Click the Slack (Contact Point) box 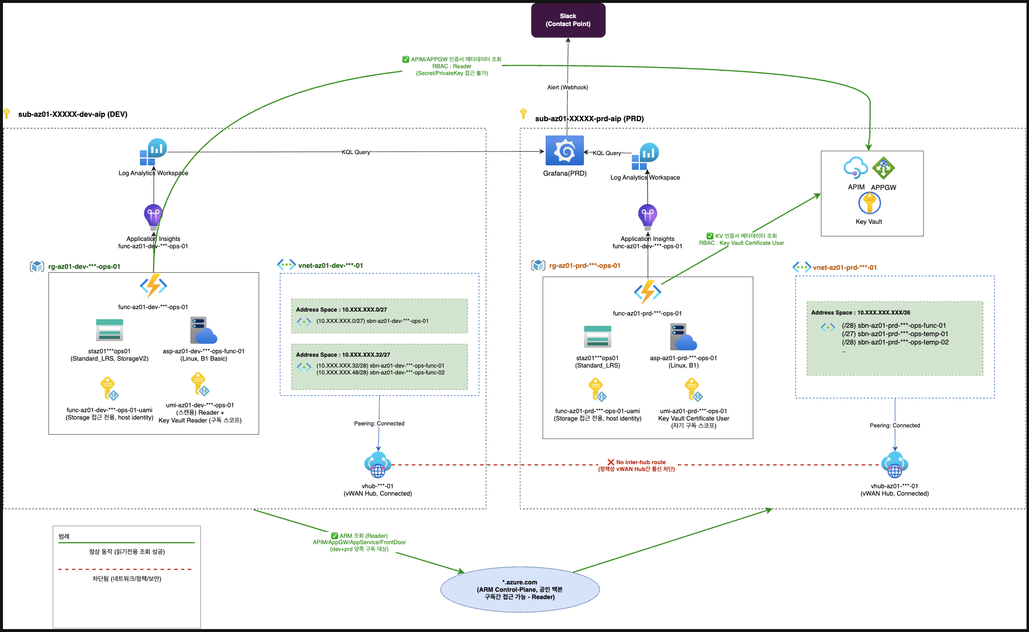coord(568,20)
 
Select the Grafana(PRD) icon coord(565,151)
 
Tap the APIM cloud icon coord(856,168)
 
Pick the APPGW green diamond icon coord(883,168)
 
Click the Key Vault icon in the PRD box coord(870,203)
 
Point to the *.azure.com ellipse coord(520,589)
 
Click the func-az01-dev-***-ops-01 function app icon coord(154,286)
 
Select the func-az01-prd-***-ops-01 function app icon coord(648,292)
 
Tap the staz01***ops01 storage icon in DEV coord(109,330)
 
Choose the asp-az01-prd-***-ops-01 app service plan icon coord(684,337)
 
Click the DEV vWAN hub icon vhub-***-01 coord(378,465)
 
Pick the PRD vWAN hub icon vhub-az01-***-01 coord(895,465)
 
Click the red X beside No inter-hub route coord(611,462)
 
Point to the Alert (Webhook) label coord(568,87)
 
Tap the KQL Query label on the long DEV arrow coord(356,152)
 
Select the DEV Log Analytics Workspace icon coord(153,152)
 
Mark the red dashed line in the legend coord(125,569)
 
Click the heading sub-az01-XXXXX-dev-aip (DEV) coord(73,114)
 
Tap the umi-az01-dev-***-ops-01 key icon coord(200,384)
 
